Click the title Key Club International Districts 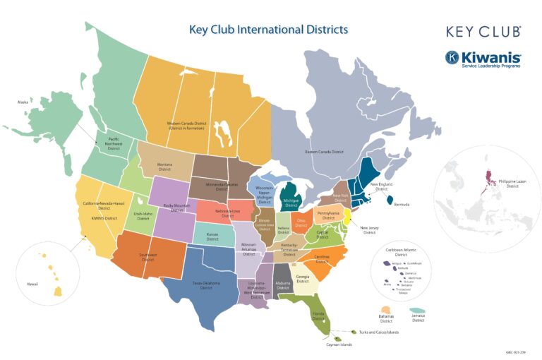(268, 30)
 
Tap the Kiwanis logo (483, 59)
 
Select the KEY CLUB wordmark (483, 32)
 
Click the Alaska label (23, 102)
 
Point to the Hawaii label (32, 284)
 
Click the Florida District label (319, 313)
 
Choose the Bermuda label (402, 205)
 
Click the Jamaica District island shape (417, 311)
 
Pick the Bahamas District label (385, 319)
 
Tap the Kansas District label (212, 237)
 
